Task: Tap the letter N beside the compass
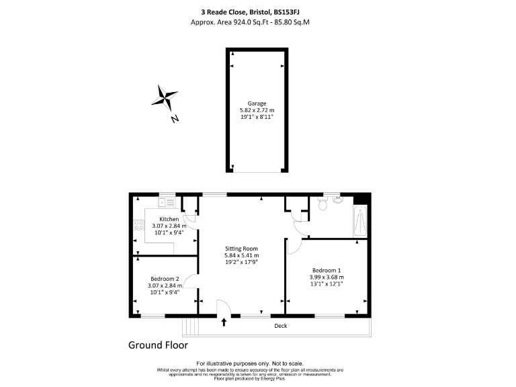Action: click(x=175, y=119)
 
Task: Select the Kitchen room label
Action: click(x=169, y=219)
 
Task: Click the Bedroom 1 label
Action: click(x=327, y=270)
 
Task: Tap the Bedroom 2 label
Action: click(x=165, y=278)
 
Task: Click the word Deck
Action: click(x=281, y=326)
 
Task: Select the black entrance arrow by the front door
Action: click(x=224, y=323)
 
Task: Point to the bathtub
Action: click(x=360, y=222)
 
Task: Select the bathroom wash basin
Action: click(x=337, y=200)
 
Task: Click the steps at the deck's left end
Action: click(x=191, y=326)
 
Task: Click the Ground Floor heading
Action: click(x=158, y=345)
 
